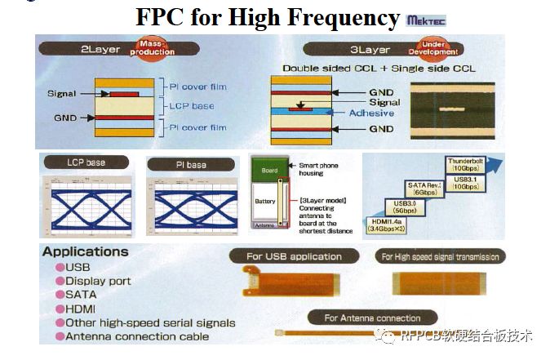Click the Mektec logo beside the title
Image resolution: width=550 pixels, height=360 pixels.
(x=425, y=20)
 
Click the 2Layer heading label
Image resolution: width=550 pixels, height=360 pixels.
(x=100, y=49)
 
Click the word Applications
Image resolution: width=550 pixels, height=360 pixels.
(x=86, y=252)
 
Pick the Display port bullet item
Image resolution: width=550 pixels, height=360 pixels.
(x=98, y=281)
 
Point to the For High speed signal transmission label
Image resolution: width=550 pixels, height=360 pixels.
(x=440, y=256)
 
